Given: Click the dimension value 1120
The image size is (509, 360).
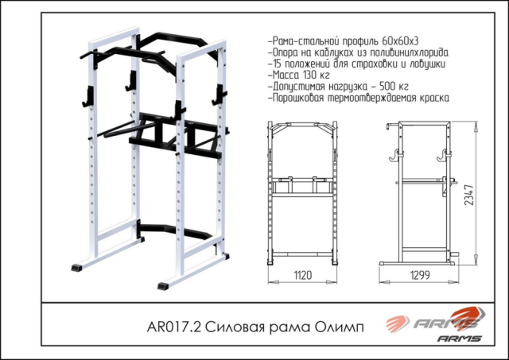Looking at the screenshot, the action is [x=303, y=275].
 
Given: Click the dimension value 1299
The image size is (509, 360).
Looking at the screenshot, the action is [x=420, y=275].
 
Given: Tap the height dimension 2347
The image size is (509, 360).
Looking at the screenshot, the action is [x=469, y=195].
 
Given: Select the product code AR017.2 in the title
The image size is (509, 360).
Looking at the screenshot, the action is [x=174, y=327].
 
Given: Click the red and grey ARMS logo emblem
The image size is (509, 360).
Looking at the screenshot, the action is [x=436, y=319].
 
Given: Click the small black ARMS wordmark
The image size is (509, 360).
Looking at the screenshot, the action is [x=459, y=339].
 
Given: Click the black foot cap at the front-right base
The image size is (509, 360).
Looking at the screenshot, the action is [x=163, y=286].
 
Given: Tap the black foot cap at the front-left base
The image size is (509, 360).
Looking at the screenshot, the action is [x=76, y=268].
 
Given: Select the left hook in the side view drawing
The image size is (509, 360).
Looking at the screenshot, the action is [x=394, y=155].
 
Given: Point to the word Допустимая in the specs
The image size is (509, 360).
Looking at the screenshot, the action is [x=299, y=87].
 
